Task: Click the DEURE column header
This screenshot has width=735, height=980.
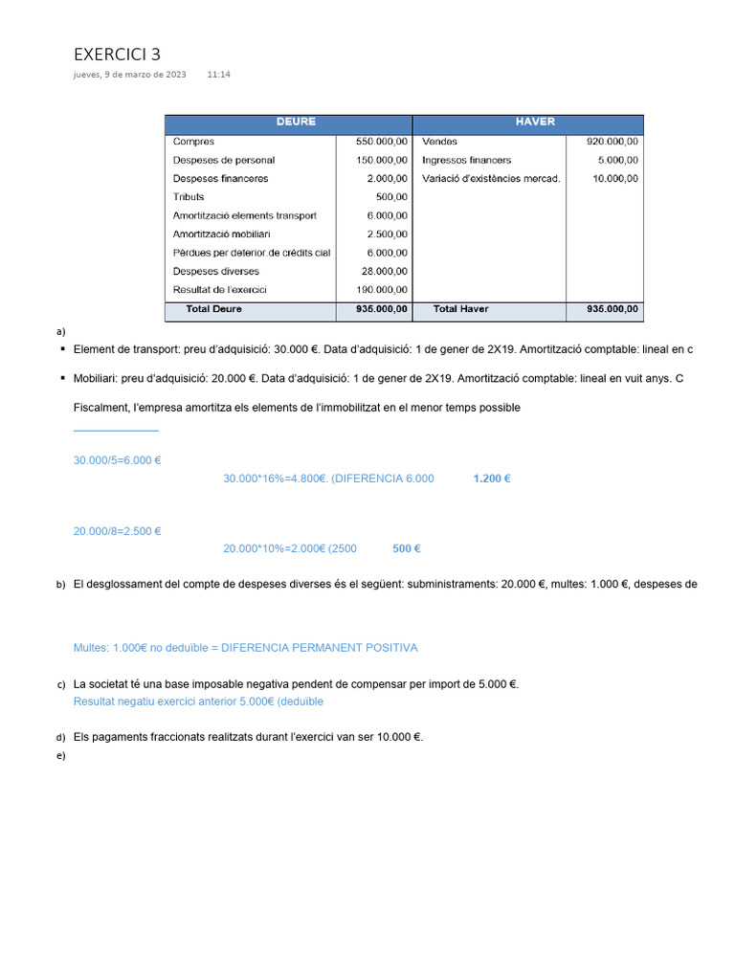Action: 296,122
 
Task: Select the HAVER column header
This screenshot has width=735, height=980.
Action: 535,122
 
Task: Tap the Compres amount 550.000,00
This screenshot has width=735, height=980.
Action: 382,142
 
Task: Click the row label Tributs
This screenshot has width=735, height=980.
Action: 189,197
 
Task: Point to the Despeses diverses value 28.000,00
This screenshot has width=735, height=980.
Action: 385,272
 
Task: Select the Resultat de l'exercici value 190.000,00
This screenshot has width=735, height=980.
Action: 382,290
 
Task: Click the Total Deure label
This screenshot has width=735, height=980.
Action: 213,309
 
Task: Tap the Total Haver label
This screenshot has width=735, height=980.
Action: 460,309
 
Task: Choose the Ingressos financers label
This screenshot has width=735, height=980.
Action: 466,160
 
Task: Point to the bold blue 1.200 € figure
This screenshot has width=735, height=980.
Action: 492,479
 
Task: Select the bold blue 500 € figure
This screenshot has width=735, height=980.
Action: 407,548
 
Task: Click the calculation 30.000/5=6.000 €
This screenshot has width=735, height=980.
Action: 117,460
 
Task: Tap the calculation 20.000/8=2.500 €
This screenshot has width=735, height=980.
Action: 117,531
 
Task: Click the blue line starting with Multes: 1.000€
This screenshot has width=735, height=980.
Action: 245,648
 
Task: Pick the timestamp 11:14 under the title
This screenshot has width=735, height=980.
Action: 218,75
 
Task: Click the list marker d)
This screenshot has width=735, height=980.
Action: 60,738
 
